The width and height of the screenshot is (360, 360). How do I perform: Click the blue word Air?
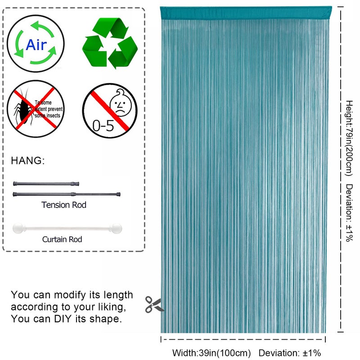tap(36, 45)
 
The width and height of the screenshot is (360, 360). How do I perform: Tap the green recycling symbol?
tap(110, 43)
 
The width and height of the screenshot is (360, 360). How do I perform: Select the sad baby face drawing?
tap(121, 103)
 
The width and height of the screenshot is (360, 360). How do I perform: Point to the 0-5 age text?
tap(103, 126)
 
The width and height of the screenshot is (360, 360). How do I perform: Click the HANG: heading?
tap(28, 161)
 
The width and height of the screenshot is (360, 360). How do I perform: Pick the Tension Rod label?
tap(64, 205)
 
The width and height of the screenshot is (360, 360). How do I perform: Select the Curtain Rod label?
tap(62, 239)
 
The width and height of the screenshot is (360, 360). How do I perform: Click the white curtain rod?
tap(67, 228)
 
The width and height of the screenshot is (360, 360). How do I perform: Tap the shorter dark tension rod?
tap(46, 184)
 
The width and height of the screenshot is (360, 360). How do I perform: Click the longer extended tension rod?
tap(67, 194)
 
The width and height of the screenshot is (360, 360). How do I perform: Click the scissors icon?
tap(154, 305)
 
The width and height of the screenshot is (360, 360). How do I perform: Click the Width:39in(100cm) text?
tap(211, 353)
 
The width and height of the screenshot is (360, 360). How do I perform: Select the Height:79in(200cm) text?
tap(349, 138)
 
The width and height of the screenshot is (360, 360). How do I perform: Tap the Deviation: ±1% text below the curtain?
tap(290, 353)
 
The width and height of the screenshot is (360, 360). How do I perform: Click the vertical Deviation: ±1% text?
tap(349, 212)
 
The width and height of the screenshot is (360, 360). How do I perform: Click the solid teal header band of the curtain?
tap(246, 13)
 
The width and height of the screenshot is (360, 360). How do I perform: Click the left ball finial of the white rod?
tap(18, 228)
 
